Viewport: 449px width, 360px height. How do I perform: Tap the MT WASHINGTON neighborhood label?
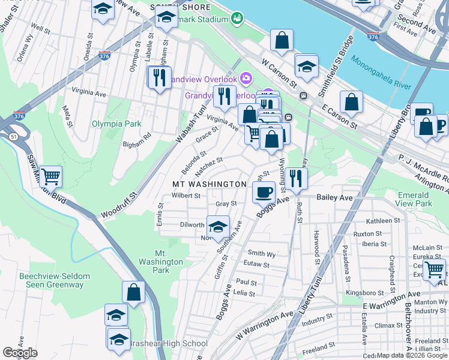click(x=209, y=184)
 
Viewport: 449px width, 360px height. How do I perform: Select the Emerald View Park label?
click(x=414, y=199)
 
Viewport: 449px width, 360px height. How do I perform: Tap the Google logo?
click(x=20, y=353)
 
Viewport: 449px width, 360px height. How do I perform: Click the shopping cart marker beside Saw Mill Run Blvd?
click(x=51, y=176)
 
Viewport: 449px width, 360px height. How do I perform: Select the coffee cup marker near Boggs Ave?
click(x=263, y=192)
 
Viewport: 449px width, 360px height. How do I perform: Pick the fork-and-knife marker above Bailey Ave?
click(x=295, y=177)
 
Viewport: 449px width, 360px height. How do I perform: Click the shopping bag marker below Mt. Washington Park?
click(x=133, y=292)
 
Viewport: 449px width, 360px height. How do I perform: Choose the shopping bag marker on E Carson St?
click(x=352, y=101)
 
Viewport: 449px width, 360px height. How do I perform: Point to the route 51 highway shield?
click(x=13, y=137)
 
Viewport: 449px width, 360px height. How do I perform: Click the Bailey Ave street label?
click(x=334, y=197)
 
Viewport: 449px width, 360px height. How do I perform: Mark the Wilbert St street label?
click(x=185, y=196)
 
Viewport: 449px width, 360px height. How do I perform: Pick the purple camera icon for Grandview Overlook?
click(x=246, y=79)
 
